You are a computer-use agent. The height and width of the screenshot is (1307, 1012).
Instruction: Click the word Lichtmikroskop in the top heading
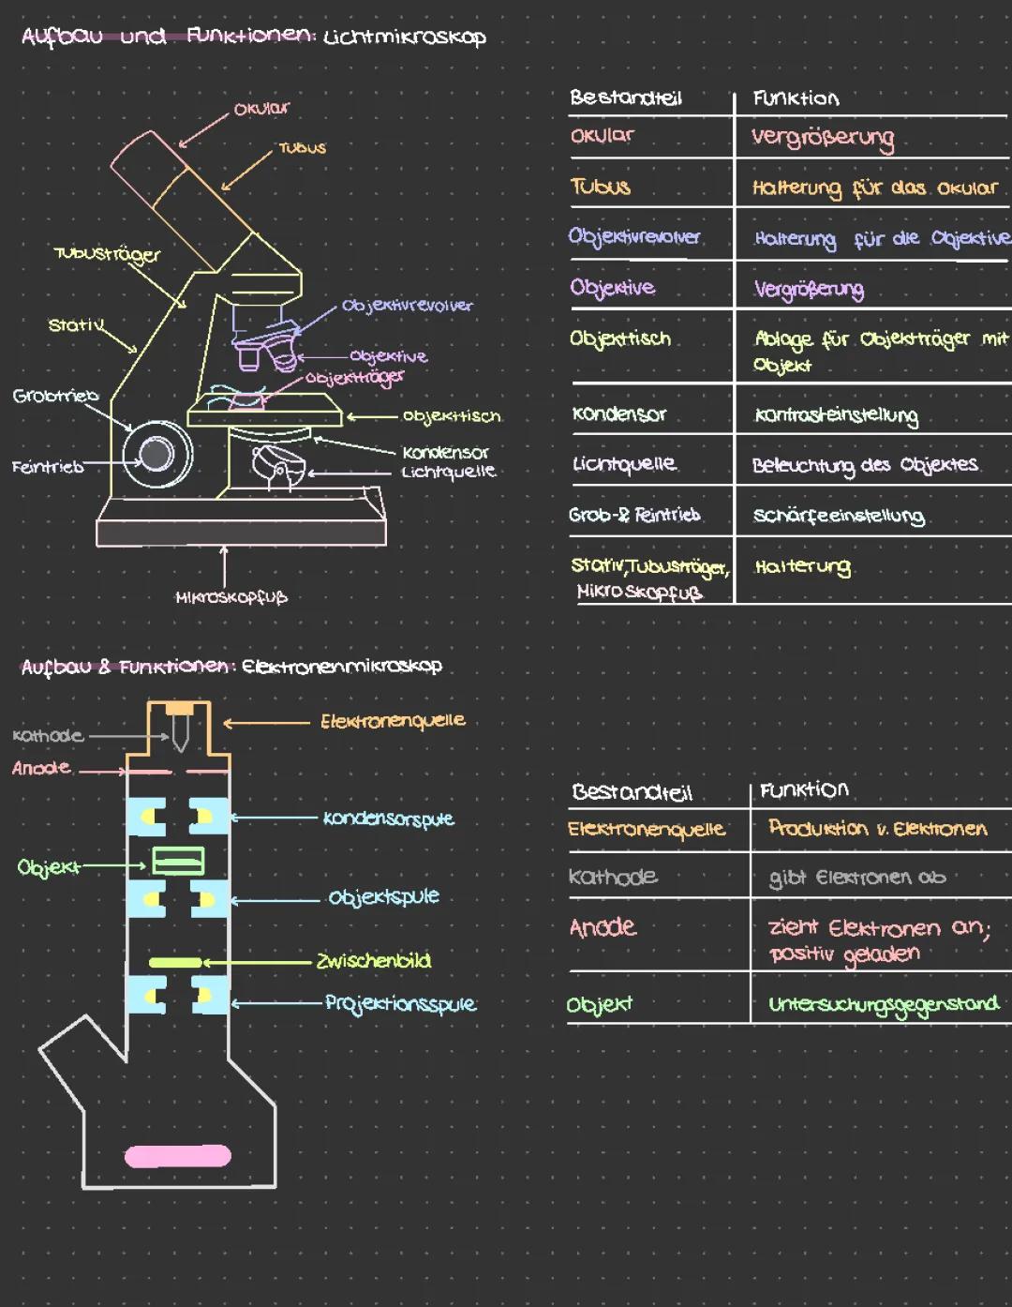(x=405, y=38)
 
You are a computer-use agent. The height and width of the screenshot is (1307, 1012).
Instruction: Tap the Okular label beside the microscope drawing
(x=261, y=109)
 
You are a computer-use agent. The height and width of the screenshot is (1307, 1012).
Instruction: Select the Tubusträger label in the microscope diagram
(x=107, y=255)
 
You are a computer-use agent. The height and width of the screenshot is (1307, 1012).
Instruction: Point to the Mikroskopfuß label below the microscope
(x=231, y=597)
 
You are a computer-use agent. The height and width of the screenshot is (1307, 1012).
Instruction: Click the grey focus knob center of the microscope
(x=156, y=454)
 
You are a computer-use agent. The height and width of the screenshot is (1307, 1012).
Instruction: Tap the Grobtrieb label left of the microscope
(x=55, y=395)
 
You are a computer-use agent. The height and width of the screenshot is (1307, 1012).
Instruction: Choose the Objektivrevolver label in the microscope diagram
(x=408, y=306)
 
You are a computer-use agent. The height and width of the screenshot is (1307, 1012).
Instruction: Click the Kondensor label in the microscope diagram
(x=445, y=452)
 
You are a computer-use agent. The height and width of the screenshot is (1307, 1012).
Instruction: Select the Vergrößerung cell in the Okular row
(x=823, y=140)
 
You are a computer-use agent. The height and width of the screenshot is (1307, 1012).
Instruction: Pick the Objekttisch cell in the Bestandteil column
(x=619, y=338)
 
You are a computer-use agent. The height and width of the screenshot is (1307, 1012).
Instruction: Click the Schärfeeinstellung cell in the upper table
(x=839, y=516)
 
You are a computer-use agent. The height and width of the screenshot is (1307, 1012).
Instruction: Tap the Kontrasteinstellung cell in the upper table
(x=837, y=415)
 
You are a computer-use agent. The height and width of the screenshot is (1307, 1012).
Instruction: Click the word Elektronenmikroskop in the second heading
(x=341, y=667)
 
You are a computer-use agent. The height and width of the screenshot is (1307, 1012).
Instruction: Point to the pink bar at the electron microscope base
(x=178, y=1156)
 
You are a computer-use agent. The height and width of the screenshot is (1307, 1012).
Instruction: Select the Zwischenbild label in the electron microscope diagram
(x=374, y=960)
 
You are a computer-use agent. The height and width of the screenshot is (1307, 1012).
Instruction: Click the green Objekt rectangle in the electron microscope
(x=178, y=861)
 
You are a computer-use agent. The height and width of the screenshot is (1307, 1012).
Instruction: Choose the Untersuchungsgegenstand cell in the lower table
(x=884, y=1005)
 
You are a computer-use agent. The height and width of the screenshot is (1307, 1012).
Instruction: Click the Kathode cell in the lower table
(x=613, y=877)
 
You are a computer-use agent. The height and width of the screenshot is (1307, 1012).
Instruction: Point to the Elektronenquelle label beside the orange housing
(x=393, y=721)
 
